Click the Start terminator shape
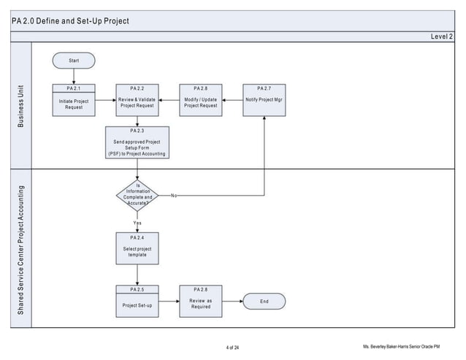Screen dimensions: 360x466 [74, 61]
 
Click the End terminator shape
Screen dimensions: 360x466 [264, 301]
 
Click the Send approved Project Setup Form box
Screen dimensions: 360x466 [137, 143]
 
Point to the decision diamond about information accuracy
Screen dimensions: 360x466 [137, 196]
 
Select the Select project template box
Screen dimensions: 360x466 [137, 248]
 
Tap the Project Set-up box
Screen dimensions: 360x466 [137, 301]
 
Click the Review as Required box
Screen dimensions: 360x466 [200, 301]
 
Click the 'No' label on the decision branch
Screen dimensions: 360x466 [174, 196]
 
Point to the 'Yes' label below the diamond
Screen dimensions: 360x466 [137, 222]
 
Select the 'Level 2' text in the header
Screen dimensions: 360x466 [441, 36]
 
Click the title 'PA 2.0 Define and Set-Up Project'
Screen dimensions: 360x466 [71, 20]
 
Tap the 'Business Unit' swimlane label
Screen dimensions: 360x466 [20, 105]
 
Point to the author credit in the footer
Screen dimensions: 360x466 [411, 345]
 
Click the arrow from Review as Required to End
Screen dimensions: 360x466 [231, 301]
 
